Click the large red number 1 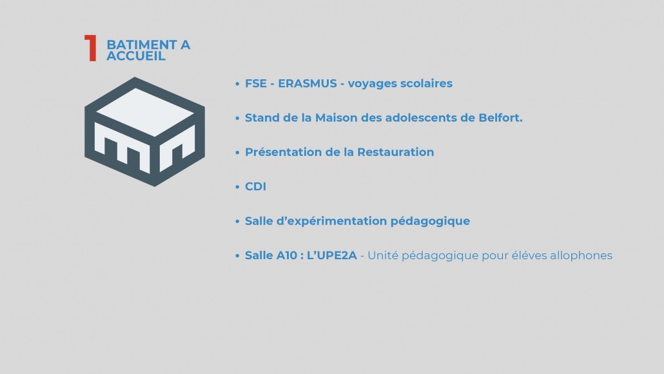tap(91, 48)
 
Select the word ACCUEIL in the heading tap(135, 56)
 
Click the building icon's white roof tap(146, 112)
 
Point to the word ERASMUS tap(308, 83)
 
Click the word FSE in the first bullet tap(256, 83)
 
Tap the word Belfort tap(500, 118)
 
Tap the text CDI tap(255, 187)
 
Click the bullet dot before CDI tap(237, 187)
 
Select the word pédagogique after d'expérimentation tap(430, 222)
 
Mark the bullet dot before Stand tap(237, 118)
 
